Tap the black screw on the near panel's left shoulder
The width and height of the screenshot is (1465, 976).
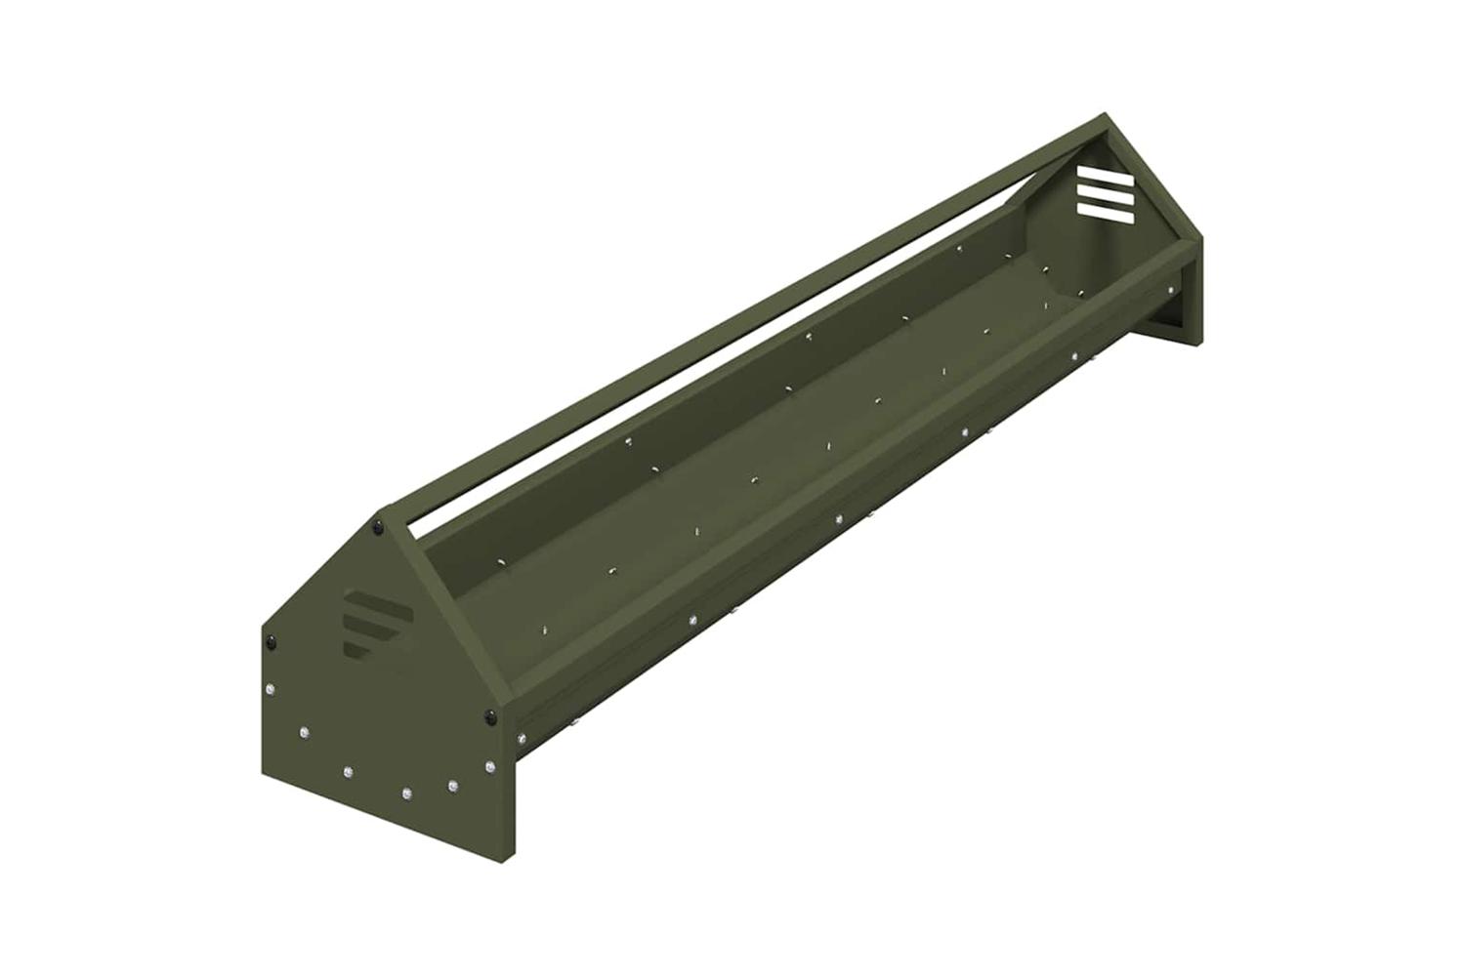[x=270, y=641]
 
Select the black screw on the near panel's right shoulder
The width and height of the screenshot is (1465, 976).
[x=488, y=717]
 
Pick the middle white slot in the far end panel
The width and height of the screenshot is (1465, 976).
[x=1105, y=194]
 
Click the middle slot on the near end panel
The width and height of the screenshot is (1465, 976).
[x=368, y=624]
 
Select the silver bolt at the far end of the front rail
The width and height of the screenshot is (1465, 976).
[x=1170, y=288]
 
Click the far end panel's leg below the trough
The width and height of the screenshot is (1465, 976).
[x=1187, y=322]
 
